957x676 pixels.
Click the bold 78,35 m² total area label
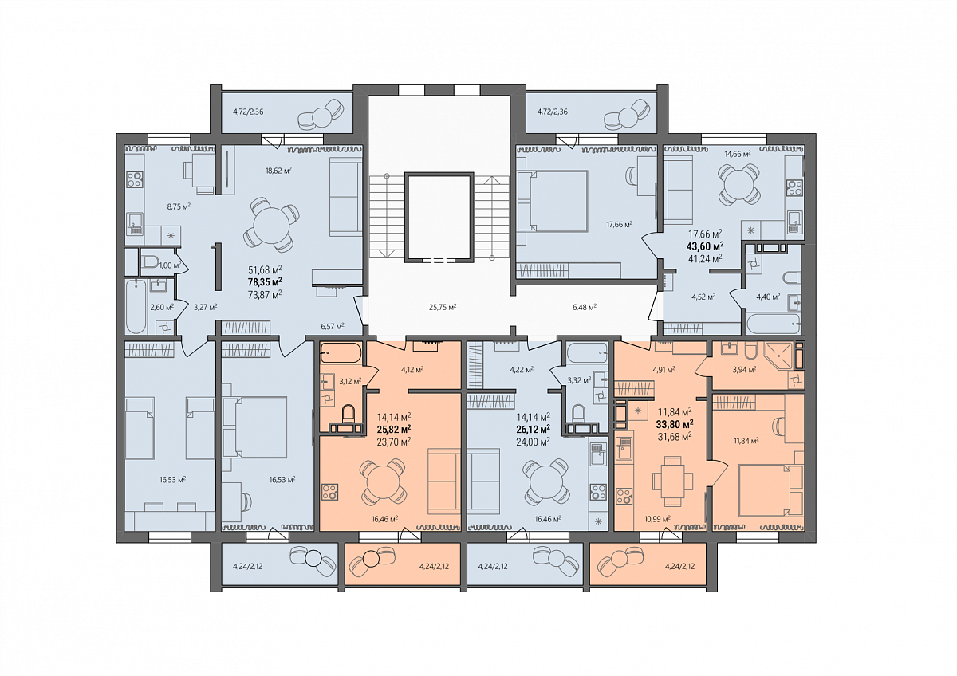[265, 282]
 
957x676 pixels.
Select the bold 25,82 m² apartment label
[394, 428]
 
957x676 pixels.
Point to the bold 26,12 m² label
[534, 428]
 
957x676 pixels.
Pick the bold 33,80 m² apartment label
[675, 424]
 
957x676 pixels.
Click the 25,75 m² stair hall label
[443, 307]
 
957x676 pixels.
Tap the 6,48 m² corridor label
[585, 307]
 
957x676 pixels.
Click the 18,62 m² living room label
[278, 171]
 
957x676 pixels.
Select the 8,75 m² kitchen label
[179, 206]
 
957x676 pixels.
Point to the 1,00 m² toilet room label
[170, 265]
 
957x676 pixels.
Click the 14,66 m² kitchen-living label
[738, 154]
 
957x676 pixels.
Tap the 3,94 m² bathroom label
[744, 370]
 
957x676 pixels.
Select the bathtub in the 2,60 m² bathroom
[136, 306]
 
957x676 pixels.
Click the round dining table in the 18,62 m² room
[271, 224]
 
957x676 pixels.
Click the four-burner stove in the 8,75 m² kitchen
[135, 179]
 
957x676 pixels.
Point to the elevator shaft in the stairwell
[439, 217]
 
